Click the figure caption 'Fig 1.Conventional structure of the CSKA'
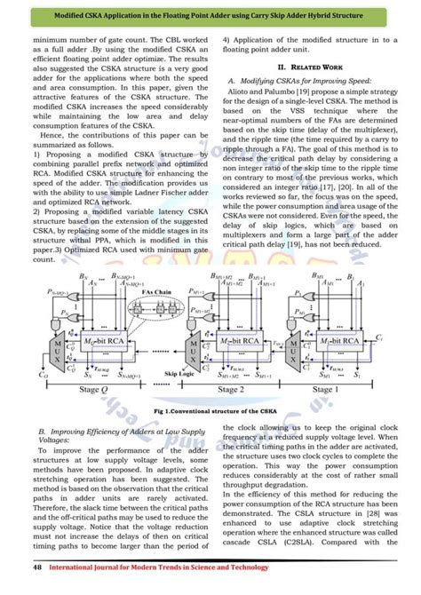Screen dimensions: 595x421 point(210,413)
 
